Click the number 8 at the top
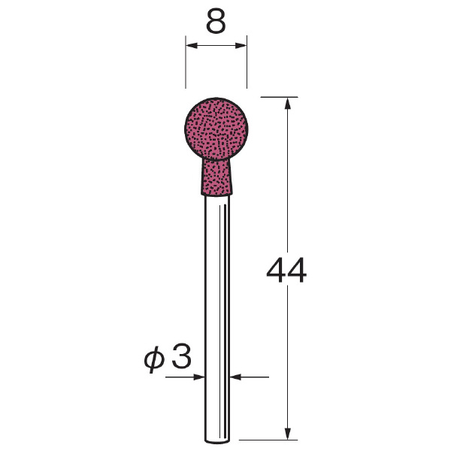pyautogui.click(x=216, y=22)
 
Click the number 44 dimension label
pyautogui.click(x=286, y=270)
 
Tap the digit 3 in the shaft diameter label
pyautogui.click(x=181, y=356)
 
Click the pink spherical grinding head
pyautogui.click(x=216, y=129)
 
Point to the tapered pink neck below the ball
pyautogui.click(x=216, y=177)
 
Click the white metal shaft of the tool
pyautogui.click(x=217, y=319)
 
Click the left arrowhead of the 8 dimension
pyautogui.click(x=192, y=45)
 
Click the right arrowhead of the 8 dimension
pyautogui.click(x=241, y=45)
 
